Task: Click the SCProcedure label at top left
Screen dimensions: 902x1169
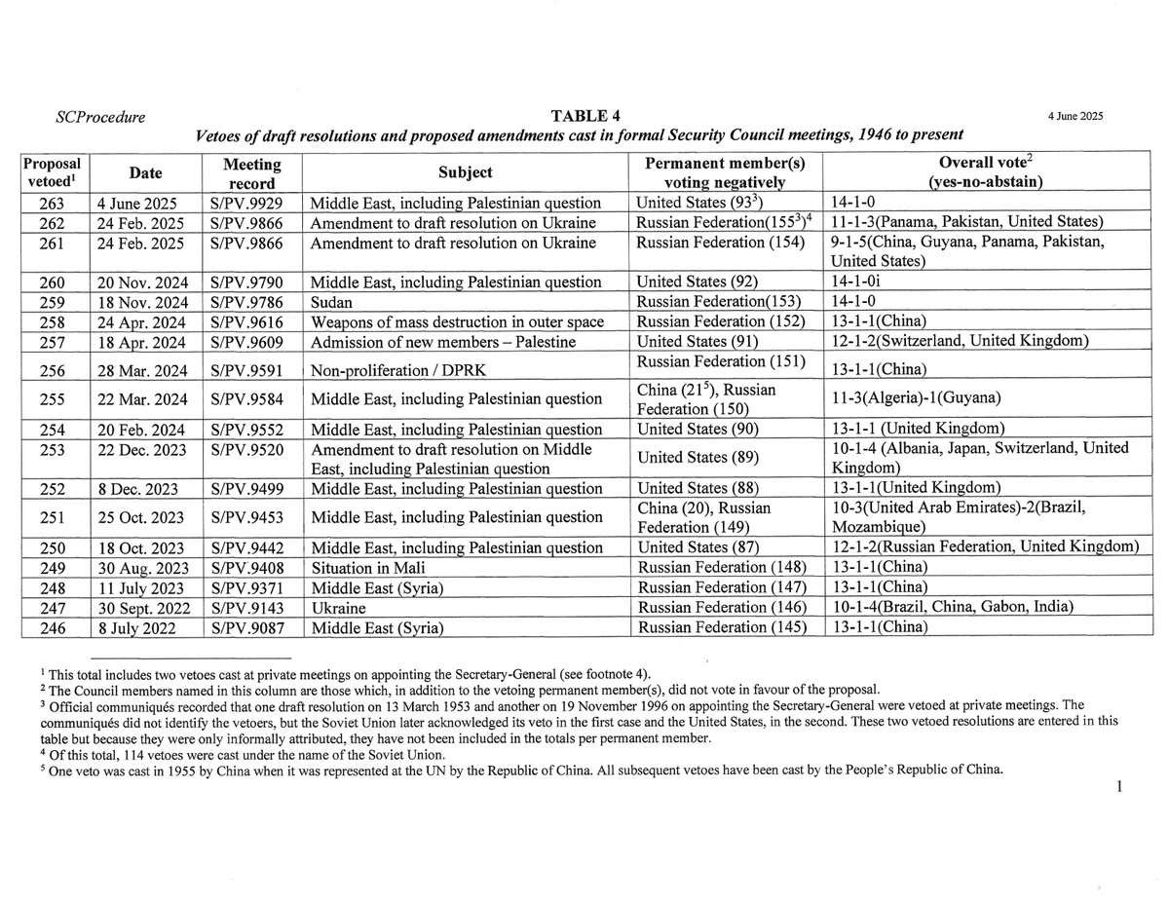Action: coord(101,118)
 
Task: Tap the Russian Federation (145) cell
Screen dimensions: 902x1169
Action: coord(720,627)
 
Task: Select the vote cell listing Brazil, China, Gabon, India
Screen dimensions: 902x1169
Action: coord(952,606)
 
